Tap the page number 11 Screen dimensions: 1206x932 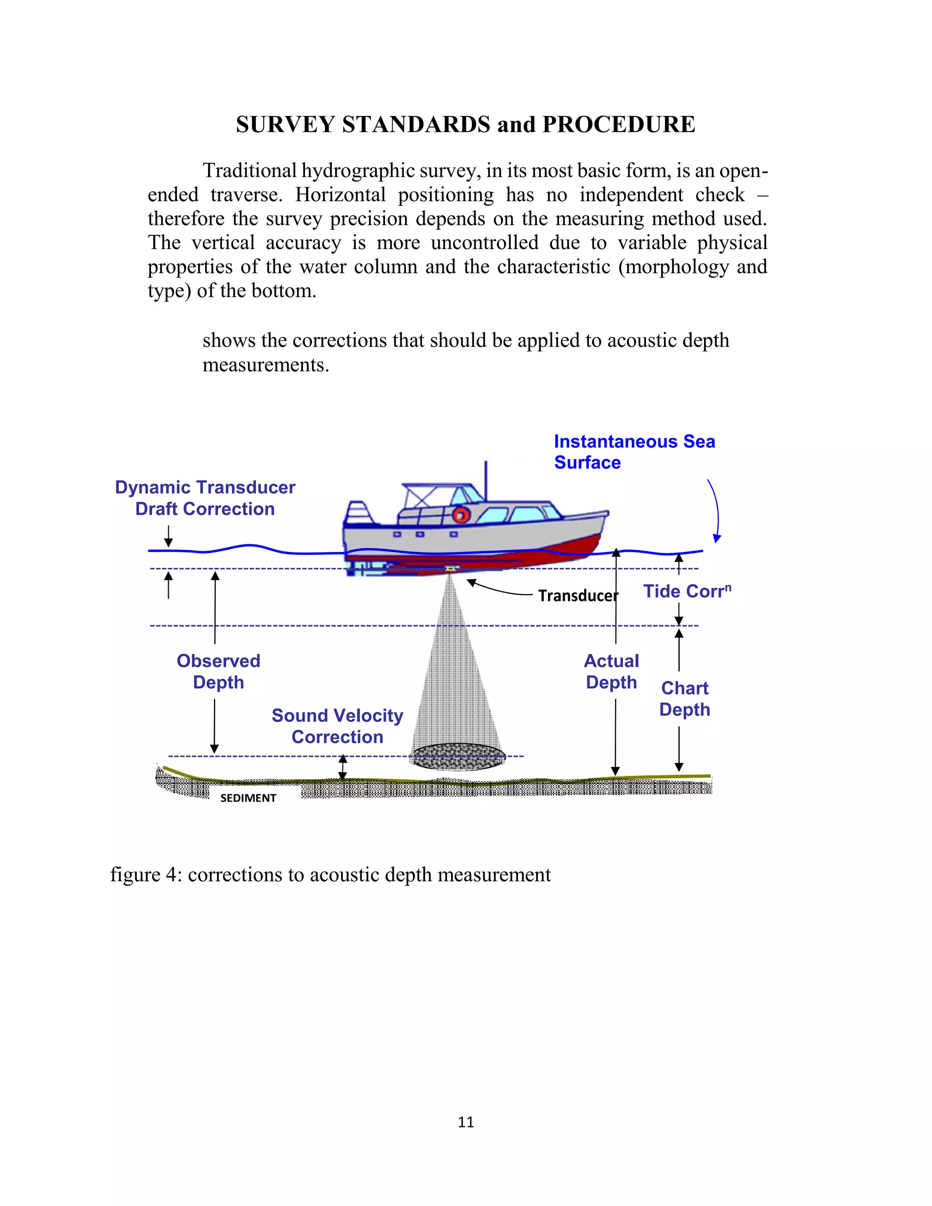pyautogui.click(x=466, y=1121)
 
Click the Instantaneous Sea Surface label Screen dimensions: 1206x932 pyautogui.click(x=634, y=452)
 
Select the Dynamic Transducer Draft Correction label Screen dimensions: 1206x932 pyautogui.click(x=205, y=497)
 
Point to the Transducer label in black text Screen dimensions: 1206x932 pyautogui.click(x=577, y=595)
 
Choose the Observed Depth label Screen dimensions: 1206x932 pyautogui.click(x=218, y=671)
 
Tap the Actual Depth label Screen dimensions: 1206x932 pyautogui.click(x=611, y=671)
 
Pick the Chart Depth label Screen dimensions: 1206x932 pyautogui.click(x=684, y=699)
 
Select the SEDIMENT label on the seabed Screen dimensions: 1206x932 pyautogui.click(x=248, y=798)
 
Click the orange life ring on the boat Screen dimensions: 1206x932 pyautogui.click(x=461, y=515)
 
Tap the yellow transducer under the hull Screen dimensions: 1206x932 pyautogui.click(x=451, y=568)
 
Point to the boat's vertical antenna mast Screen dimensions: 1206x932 pyautogui.click(x=486, y=479)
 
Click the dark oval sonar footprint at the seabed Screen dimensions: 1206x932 pyautogui.click(x=457, y=756)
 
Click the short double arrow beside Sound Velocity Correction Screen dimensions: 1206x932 pyautogui.click(x=343, y=768)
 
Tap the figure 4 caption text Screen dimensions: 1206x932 pyautogui.click(x=330, y=875)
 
